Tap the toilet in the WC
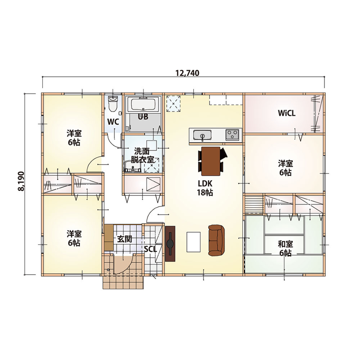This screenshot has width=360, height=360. [113, 103]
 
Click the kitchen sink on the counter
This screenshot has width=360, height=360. [201, 136]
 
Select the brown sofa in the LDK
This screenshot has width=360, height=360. [216, 240]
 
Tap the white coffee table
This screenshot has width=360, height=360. [193, 242]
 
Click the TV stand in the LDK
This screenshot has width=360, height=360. [170, 243]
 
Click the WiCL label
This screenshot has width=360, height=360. [287, 114]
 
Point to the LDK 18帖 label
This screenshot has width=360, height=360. [205, 188]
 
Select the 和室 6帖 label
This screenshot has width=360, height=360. [285, 249]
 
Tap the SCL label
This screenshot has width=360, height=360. [150, 249]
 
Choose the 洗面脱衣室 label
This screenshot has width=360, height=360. [143, 155]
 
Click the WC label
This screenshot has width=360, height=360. [113, 122]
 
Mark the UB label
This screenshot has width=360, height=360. [143, 116]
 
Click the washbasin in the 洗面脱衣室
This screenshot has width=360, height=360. [132, 167]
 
